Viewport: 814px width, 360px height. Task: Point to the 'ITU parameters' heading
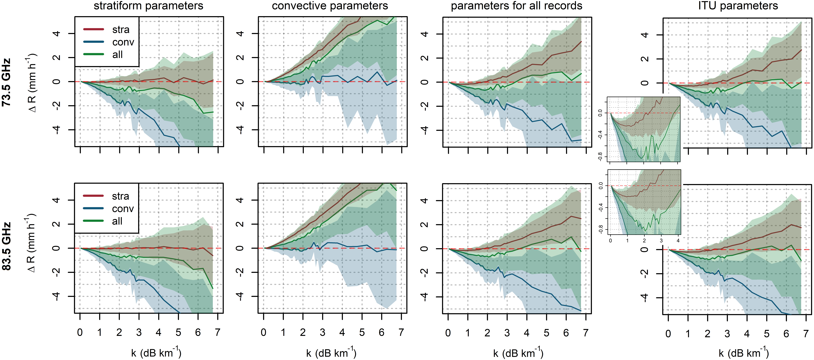738,6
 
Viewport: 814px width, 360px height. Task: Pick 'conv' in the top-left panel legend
123,42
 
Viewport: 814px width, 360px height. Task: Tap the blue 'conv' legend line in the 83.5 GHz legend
93,208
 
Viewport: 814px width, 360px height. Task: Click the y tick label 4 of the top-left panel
57,34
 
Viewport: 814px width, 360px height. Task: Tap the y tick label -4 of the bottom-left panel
57,296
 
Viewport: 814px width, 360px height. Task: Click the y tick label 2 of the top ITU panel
645,59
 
